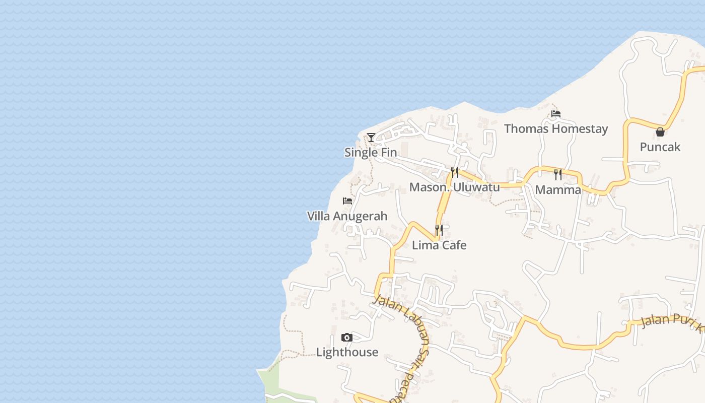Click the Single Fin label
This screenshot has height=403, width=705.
[371, 152]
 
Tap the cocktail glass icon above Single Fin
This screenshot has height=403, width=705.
[371, 137]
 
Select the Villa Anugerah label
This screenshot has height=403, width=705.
[347, 216]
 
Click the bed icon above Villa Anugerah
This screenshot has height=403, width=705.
[347, 201]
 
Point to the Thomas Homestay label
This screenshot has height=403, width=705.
[556, 128]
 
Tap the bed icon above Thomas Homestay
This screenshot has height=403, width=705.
[556, 114]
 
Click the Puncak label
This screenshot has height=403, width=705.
[660, 147]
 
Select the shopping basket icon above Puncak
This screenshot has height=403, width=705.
[660, 132]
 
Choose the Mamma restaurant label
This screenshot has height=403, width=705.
[558, 189]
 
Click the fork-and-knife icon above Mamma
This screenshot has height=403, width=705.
[558, 175]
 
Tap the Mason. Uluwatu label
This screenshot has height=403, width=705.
[454, 187]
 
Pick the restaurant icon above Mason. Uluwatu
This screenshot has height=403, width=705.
[455, 172]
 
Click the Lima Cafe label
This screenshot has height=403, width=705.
[439, 245]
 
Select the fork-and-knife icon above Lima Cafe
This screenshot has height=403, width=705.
[439, 230]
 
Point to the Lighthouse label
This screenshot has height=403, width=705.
[347, 352]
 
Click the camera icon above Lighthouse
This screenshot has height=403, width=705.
[347, 338]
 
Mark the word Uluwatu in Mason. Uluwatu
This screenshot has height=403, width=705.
[476, 187]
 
